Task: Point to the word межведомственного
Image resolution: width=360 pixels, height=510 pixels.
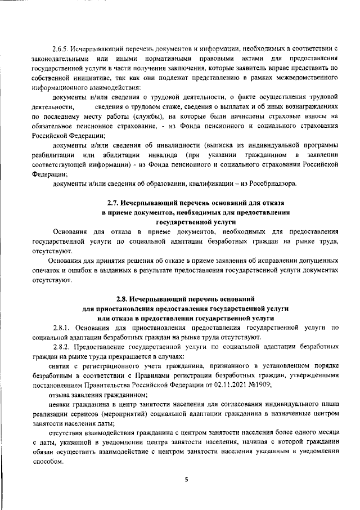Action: click(x=306, y=78)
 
